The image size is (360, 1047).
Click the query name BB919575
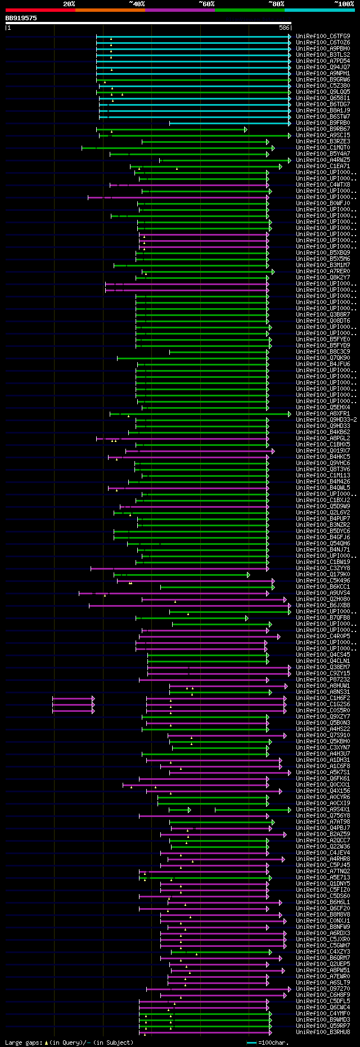21,18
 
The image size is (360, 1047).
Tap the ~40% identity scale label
137,3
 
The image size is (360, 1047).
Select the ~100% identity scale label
344,3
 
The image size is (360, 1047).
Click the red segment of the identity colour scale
40,10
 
